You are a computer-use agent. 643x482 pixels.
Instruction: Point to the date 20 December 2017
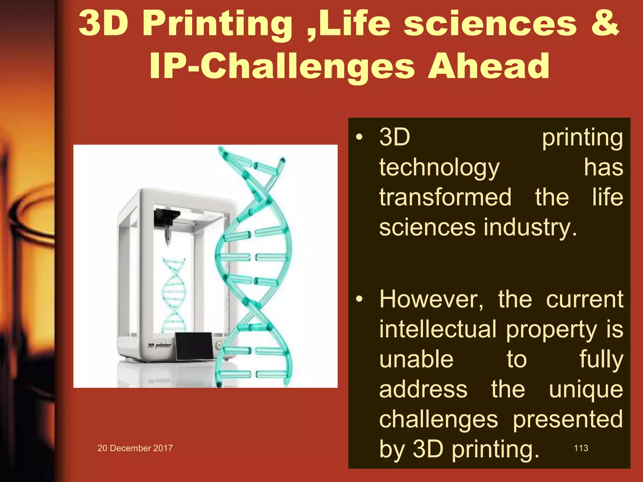[x=135, y=448]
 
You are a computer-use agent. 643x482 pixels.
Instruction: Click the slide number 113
[x=581, y=448]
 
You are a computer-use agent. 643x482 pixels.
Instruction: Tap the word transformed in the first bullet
[x=445, y=197]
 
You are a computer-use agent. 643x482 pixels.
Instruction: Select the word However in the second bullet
[x=431, y=299]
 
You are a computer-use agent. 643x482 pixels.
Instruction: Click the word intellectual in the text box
[x=438, y=329]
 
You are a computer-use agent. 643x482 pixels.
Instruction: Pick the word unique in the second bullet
[x=586, y=389]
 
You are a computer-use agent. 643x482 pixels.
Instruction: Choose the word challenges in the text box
[x=438, y=420]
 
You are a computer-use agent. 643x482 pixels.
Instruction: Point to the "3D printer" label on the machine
[x=159, y=345]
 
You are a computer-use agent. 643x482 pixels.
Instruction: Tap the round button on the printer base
[x=219, y=345]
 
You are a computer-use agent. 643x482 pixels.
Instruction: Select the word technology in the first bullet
[x=439, y=168]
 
